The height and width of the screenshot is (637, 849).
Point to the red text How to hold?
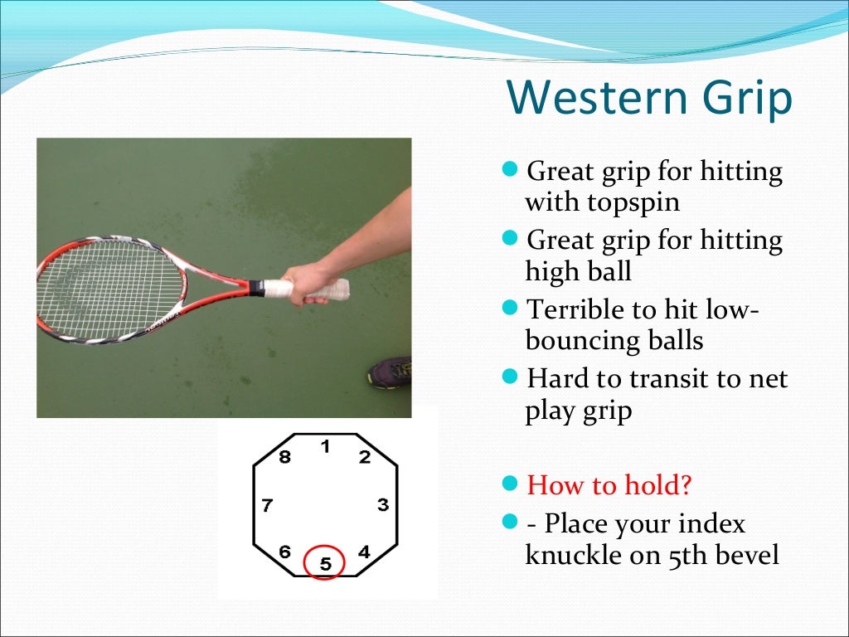tap(609, 484)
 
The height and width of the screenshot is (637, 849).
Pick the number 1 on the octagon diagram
tap(326, 447)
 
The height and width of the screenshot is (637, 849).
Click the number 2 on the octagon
tap(364, 457)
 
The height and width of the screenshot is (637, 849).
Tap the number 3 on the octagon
tap(382, 504)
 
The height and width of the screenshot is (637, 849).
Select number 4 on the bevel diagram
tap(364, 552)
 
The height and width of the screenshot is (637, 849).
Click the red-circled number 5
tap(325, 563)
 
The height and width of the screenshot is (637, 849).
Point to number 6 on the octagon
tap(284, 552)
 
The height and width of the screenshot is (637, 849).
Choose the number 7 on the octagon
tap(267, 505)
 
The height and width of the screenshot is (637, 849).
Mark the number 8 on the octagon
tap(284, 457)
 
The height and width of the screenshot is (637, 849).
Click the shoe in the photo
tap(391, 372)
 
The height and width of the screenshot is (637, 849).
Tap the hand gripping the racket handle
tap(303, 283)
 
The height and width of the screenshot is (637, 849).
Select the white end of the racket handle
tap(338, 289)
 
